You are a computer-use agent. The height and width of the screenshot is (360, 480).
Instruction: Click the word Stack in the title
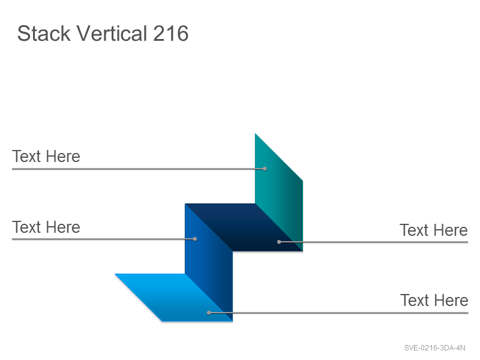point(44,33)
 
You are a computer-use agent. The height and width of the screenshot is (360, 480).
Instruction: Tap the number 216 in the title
point(170,33)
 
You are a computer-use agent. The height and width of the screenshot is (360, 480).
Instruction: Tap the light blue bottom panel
point(174,298)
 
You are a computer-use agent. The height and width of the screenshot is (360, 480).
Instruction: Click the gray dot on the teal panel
point(265,169)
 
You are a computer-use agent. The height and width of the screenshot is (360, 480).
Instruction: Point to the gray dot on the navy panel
point(279,242)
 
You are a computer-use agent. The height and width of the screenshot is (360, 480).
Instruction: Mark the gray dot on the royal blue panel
point(195,239)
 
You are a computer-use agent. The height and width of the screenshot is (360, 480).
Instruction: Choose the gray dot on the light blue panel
point(209,313)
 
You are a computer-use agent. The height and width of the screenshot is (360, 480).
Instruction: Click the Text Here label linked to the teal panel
point(46,157)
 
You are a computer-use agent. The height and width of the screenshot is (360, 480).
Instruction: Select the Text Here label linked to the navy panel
point(433,230)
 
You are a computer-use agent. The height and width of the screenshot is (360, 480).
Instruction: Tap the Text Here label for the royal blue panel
point(46,227)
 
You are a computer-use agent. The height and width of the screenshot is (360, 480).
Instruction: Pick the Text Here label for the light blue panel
point(434,300)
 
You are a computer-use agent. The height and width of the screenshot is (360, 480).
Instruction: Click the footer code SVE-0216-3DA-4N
point(434,348)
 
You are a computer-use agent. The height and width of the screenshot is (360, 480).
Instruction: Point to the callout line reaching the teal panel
point(139,169)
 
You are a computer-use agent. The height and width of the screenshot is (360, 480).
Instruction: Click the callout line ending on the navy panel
point(373,242)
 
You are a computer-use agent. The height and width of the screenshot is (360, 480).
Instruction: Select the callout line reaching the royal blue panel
point(103,239)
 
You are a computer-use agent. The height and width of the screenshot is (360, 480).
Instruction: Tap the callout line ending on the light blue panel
point(338,313)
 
